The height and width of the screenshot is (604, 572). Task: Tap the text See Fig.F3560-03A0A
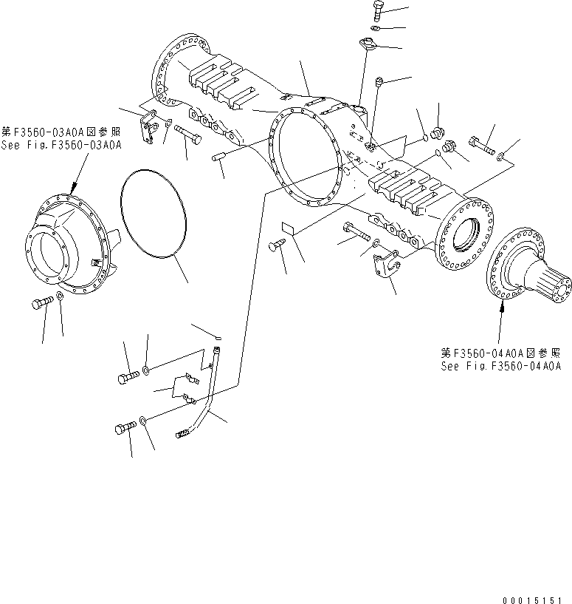pyautogui.click(x=61, y=145)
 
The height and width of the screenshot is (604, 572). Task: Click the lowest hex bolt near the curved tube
pyautogui.click(x=124, y=427)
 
